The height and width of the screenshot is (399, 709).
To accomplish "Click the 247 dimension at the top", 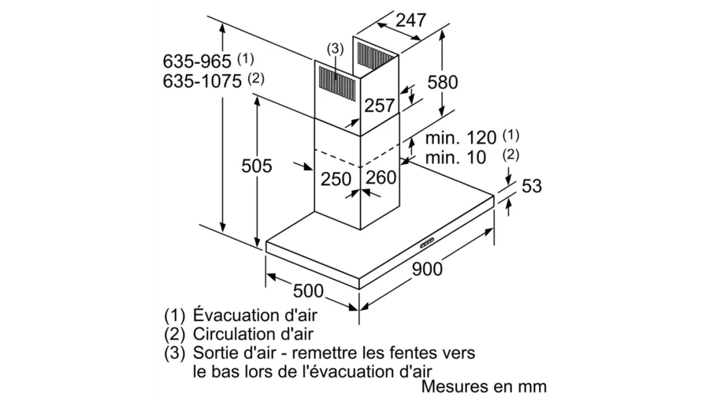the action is coord(410,21).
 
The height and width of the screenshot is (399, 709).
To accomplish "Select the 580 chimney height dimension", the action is coord(443,82).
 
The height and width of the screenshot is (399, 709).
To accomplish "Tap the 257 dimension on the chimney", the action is coord(380,106).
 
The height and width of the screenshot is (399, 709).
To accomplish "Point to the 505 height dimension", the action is coord(256,166).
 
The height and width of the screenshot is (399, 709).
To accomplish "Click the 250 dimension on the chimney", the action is coord(336,179).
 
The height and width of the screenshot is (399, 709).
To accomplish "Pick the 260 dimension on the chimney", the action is coord(381,177).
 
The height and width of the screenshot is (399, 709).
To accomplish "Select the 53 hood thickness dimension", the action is coord(531,186).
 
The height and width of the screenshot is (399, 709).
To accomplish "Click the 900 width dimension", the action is coord(427,269).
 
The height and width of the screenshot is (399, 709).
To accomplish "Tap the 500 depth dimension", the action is coord(308,291).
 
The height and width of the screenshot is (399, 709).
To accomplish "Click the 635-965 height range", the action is coord(197,61).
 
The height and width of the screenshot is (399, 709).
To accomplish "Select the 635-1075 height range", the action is coord(202,81).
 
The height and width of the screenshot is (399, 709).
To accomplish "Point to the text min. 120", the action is coord(461,137).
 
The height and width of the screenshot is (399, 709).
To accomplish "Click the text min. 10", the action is coord(456,158).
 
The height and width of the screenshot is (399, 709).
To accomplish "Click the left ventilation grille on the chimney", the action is coord(337,81).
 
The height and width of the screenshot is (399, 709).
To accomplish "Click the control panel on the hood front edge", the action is coord(427,243).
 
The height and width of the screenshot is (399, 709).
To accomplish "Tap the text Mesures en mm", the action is coord(484,387).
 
